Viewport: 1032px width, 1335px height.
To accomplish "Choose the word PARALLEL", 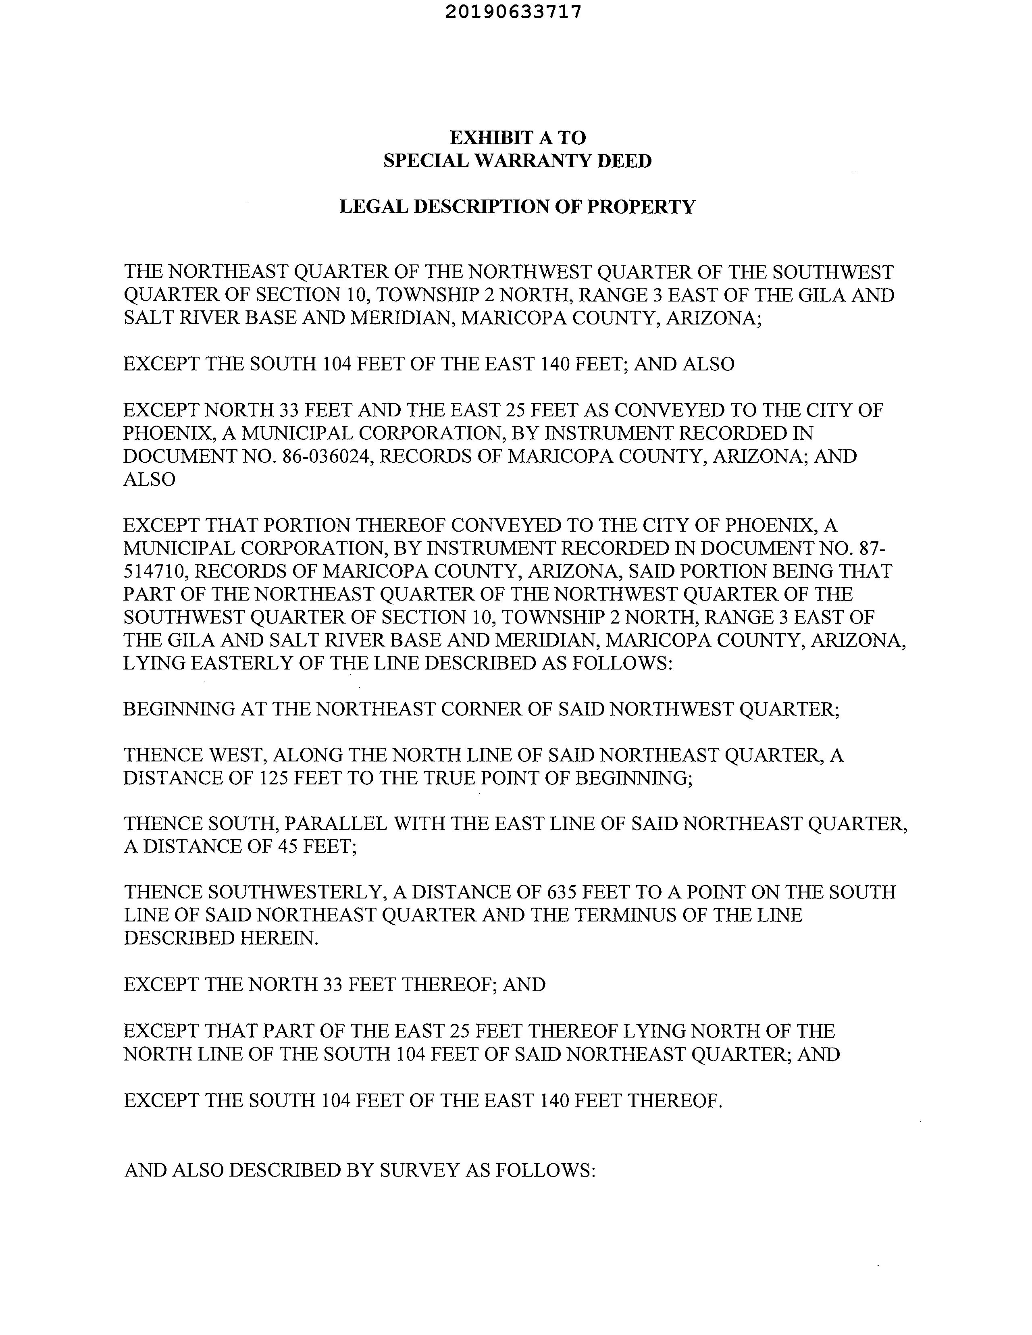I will pos(336,824).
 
